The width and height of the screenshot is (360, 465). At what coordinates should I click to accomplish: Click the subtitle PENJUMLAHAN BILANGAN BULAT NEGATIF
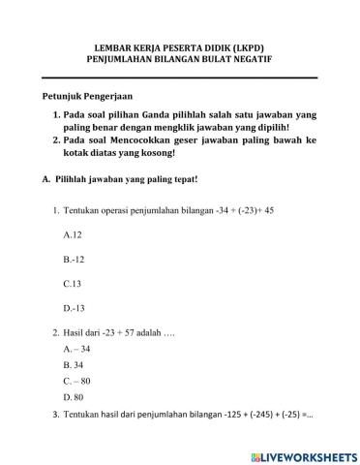181,59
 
